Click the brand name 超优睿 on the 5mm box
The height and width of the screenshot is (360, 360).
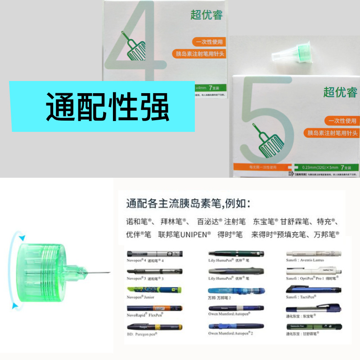point(340,92)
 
